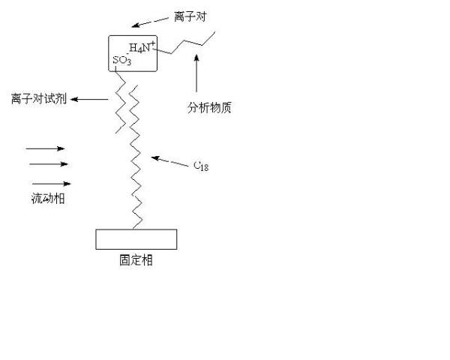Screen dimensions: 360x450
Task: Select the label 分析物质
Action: [x=209, y=107]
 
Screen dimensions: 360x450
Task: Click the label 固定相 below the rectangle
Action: [x=136, y=261]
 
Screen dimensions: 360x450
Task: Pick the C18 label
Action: [x=200, y=165]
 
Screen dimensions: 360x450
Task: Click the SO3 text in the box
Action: [x=122, y=60]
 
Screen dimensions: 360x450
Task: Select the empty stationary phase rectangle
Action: [x=136, y=238]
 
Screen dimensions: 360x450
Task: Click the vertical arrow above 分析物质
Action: [x=196, y=76]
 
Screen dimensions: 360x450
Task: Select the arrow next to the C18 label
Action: [x=166, y=160]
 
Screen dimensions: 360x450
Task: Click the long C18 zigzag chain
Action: [x=137, y=157]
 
